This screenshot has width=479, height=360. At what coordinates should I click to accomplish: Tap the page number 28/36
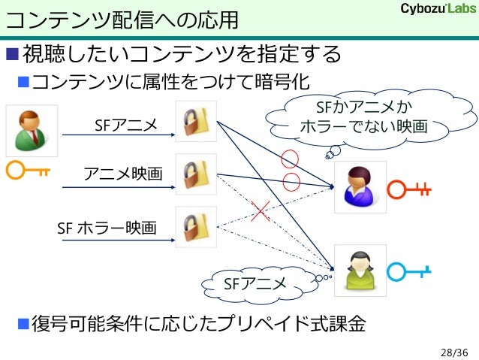[x=453, y=351]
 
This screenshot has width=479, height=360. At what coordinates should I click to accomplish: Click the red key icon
[x=409, y=189]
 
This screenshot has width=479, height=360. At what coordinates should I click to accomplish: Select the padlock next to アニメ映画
[x=196, y=174]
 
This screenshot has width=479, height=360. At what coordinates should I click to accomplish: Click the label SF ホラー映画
[x=107, y=227]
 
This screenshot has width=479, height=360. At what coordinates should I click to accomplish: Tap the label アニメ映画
[x=123, y=174]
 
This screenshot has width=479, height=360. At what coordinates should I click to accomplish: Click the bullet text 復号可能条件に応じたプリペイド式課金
[x=199, y=324]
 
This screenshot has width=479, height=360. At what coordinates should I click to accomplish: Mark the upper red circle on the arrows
[x=290, y=159]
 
